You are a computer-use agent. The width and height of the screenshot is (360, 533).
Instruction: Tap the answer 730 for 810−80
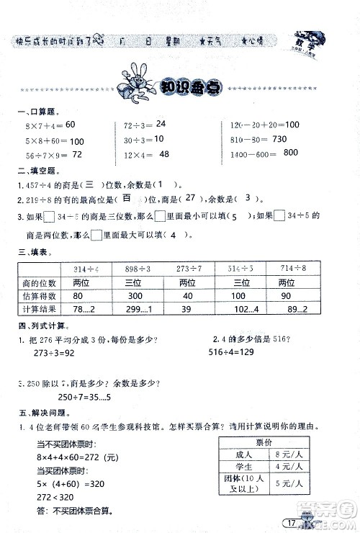click(x=279, y=138)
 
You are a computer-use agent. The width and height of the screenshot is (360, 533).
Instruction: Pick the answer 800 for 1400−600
click(x=291, y=153)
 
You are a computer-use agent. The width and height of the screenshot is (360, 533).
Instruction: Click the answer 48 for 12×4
click(x=164, y=154)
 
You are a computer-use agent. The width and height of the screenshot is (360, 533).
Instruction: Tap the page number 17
click(x=292, y=522)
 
